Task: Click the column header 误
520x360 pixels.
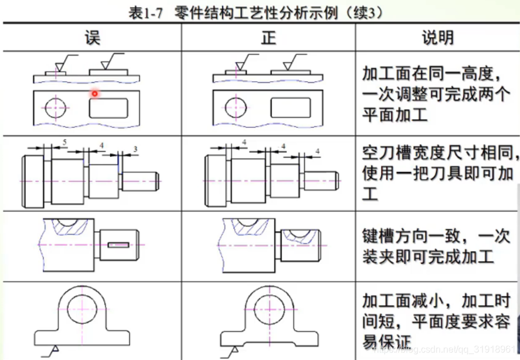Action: (x=92, y=38)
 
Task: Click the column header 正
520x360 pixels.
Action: (x=268, y=38)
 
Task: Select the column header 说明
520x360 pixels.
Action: (x=437, y=38)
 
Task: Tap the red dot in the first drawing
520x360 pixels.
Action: (x=94, y=93)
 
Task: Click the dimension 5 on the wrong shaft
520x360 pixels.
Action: (x=64, y=142)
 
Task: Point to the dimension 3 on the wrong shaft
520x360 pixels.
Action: (x=135, y=150)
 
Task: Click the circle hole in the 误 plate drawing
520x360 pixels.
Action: (x=55, y=108)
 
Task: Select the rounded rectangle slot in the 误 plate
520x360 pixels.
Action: (x=108, y=108)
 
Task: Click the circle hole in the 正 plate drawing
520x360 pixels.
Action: (x=235, y=108)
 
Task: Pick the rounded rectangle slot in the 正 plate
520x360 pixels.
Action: (x=288, y=108)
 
